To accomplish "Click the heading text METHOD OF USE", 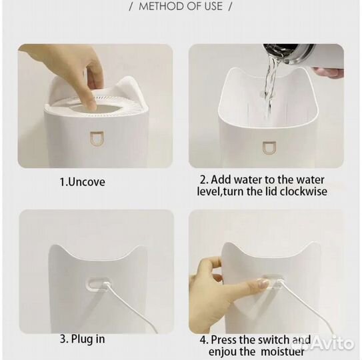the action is [181, 6].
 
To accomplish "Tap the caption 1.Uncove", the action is [83, 182].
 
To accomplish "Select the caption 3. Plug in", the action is [83, 339].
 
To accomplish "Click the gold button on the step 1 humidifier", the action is [97, 139].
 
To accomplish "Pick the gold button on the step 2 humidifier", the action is [269, 148].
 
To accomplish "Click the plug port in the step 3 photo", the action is [99, 283].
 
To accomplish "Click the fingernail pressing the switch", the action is [263, 283].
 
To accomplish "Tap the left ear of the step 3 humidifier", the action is [57, 250].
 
